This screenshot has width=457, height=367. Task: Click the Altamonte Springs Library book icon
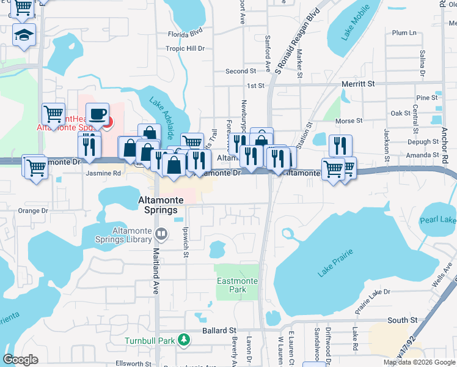pos(161,233)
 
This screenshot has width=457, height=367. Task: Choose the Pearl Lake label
pos(439,220)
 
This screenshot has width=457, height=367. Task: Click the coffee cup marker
pos(97,114)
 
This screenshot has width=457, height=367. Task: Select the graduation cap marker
pos(24,35)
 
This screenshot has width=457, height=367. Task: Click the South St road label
pos(403,320)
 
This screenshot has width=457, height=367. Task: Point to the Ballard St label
pos(219,330)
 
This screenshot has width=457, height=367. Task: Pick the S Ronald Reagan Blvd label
pos(297,41)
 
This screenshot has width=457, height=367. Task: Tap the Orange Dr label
pos(32,210)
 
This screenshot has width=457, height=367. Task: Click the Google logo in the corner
pos(21,360)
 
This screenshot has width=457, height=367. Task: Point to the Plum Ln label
pos(404,32)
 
